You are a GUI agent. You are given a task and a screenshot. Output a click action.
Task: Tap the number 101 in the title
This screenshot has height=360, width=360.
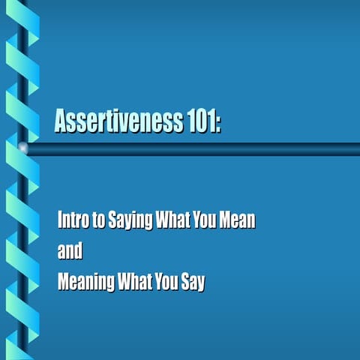point(198,121)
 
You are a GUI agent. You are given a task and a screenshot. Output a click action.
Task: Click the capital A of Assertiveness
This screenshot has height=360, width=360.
point(61,121)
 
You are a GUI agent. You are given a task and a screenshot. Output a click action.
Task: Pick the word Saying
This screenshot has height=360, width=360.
point(124,222)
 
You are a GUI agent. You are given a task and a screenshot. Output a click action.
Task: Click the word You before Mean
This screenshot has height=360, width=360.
point(202,220)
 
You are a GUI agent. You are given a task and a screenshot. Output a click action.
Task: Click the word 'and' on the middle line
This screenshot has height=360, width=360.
point(70,251)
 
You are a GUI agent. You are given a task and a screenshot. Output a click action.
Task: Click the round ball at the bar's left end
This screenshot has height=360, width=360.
point(22,148)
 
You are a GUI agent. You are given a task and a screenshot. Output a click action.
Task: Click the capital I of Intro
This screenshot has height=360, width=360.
point(60,220)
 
